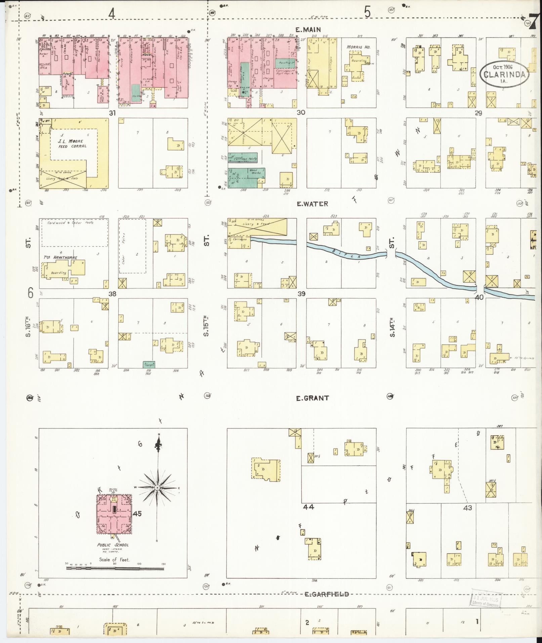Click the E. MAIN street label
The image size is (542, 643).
coord(308,30)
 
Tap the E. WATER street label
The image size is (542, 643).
coord(312,204)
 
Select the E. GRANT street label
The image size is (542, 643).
coord(312,398)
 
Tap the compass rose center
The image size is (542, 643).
coord(157,487)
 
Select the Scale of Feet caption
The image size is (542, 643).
coord(114,560)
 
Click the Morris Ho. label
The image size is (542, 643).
coord(358,47)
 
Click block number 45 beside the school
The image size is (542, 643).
coord(137,514)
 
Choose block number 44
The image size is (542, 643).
coord(308,507)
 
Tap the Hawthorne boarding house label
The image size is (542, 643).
coord(60,257)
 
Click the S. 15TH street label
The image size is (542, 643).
coord(206,326)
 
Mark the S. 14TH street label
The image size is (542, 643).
coord(392,327)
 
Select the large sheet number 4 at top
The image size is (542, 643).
coord(112,13)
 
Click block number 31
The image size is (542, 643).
coord(112,113)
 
